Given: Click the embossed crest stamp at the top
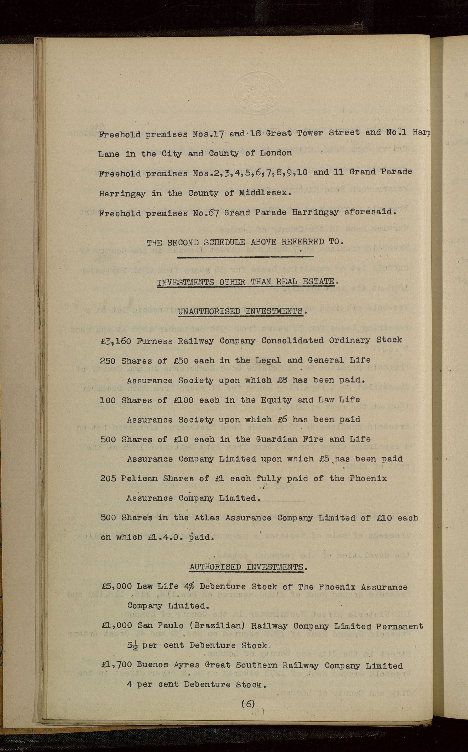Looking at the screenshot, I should click(258, 93).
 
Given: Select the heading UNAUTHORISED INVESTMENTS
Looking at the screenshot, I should click(240, 312).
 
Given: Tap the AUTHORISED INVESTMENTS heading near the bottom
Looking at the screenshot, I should click(247, 567).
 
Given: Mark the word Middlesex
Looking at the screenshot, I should click(265, 193).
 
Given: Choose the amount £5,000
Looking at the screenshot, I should click(117, 587).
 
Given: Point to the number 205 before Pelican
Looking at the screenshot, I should click(108, 479).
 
